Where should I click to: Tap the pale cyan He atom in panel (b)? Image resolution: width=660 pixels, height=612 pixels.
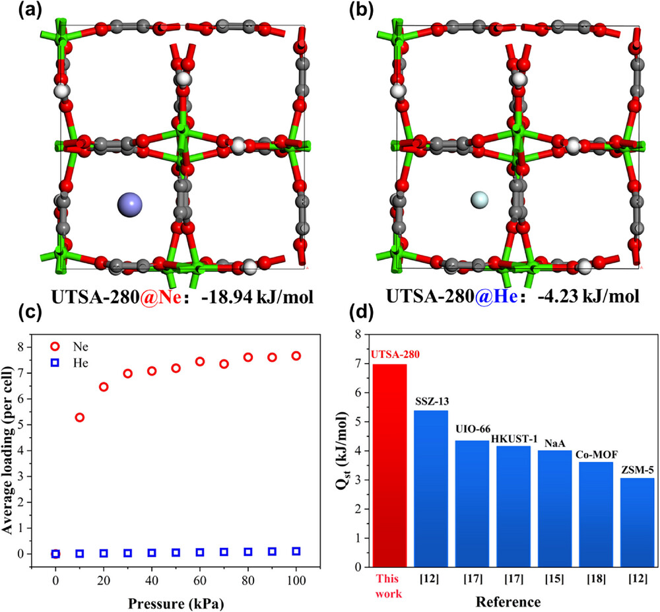click(x=479, y=199)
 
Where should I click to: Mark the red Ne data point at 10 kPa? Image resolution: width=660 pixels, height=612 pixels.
click(x=80, y=417)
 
